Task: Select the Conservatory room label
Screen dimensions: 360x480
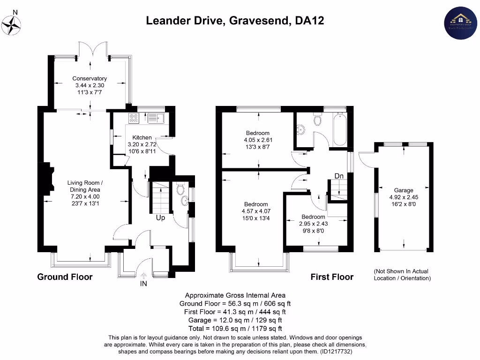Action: click(x=90, y=78)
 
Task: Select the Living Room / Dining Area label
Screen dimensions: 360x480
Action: click(x=84, y=186)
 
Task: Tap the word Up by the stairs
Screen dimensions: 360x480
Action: click(x=160, y=218)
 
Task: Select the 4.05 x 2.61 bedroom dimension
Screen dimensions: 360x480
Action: click(x=258, y=140)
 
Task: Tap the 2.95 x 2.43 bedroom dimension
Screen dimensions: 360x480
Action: click(x=313, y=224)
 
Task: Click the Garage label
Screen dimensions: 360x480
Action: click(x=404, y=190)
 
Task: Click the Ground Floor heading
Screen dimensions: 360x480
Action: click(x=65, y=277)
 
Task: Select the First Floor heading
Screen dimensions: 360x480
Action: click(x=332, y=277)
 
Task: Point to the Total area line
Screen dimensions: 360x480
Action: click(x=235, y=329)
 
